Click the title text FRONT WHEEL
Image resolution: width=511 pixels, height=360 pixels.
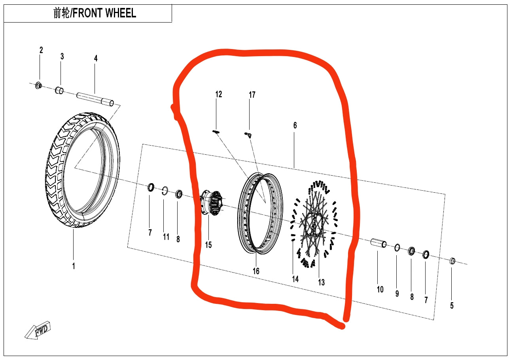point(95,13)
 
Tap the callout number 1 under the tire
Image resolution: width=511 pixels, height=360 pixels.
point(73,266)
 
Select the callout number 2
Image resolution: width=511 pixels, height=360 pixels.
point(41,50)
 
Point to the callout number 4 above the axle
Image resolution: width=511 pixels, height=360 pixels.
point(95,58)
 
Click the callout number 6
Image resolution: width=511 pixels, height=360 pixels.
point(295,126)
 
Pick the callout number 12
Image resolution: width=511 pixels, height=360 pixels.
point(219,94)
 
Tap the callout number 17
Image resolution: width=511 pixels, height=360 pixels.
point(252,95)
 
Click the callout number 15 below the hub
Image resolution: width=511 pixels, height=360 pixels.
point(208,245)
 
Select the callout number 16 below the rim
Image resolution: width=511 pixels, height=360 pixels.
point(256,271)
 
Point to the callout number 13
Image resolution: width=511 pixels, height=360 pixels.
point(321,282)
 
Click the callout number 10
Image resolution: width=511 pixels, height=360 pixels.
point(380,290)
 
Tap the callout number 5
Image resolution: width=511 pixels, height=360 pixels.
point(452,305)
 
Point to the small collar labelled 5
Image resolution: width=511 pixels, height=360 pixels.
point(453,261)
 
